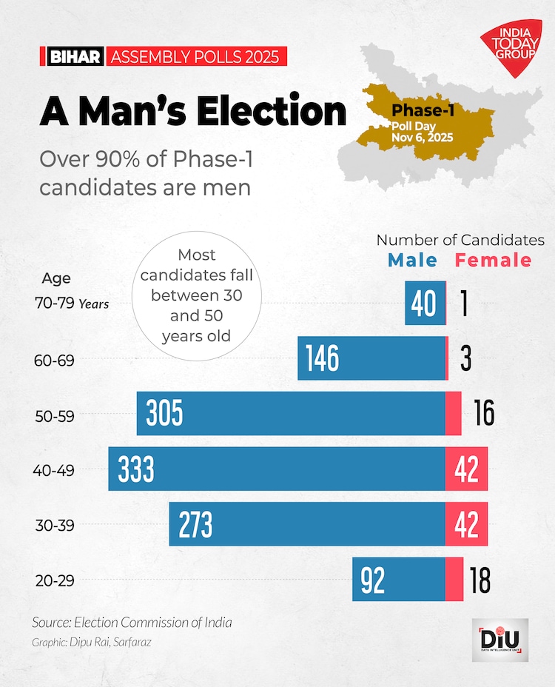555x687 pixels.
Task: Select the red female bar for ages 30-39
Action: pos(466,524)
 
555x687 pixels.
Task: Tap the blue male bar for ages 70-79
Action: pos(425,304)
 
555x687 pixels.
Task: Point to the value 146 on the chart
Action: pos(322,358)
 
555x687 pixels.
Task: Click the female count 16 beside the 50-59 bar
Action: pos(484,414)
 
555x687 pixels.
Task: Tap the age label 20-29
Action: pos(55,580)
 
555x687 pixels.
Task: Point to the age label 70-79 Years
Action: pos(71,303)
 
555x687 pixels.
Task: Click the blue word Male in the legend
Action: pos(412,260)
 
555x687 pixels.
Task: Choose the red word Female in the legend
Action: pos(493,260)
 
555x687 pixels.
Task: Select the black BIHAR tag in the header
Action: pos(75,57)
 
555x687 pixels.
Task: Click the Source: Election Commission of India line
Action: pos(132,622)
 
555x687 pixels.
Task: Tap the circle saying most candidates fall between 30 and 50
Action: pos(197,295)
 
